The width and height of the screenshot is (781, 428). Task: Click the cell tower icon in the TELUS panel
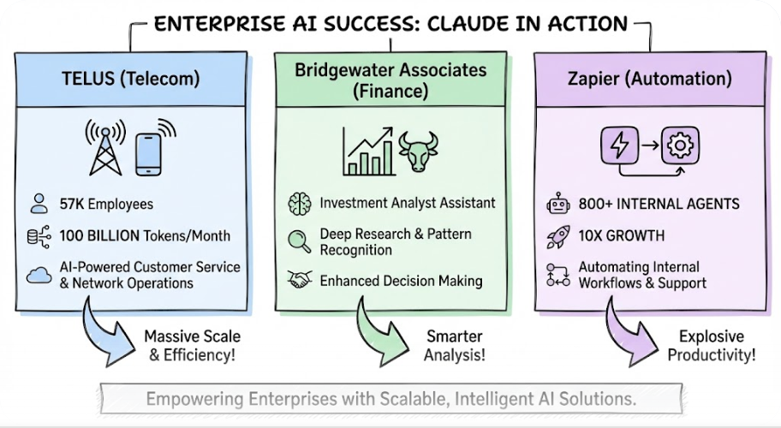(105, 146)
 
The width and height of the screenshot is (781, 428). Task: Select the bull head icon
(419, 151)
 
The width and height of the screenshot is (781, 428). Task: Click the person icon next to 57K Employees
(39, 204)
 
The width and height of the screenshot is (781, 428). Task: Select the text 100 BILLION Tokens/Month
(145, 235)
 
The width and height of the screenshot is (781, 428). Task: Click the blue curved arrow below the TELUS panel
(103, 330)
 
